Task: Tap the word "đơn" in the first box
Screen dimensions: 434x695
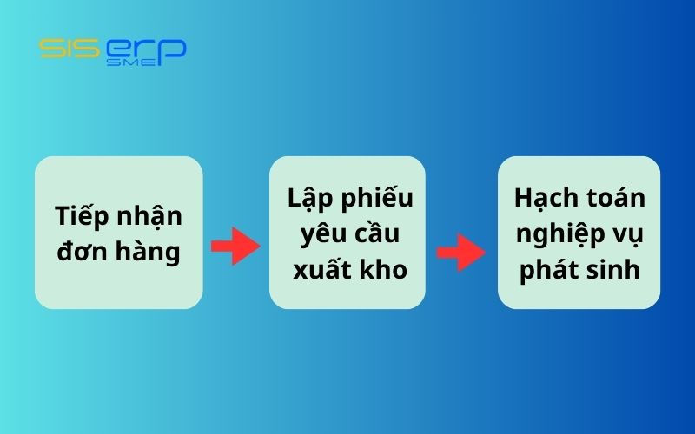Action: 83,253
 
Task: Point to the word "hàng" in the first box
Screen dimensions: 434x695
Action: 147,253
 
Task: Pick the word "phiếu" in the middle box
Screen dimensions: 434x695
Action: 380,199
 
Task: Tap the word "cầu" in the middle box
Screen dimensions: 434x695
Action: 378,234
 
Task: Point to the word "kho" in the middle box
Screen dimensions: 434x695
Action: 384,269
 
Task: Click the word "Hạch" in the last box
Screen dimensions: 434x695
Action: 544,198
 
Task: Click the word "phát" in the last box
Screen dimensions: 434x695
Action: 547,270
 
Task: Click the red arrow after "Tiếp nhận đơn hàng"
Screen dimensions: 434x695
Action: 235,247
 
